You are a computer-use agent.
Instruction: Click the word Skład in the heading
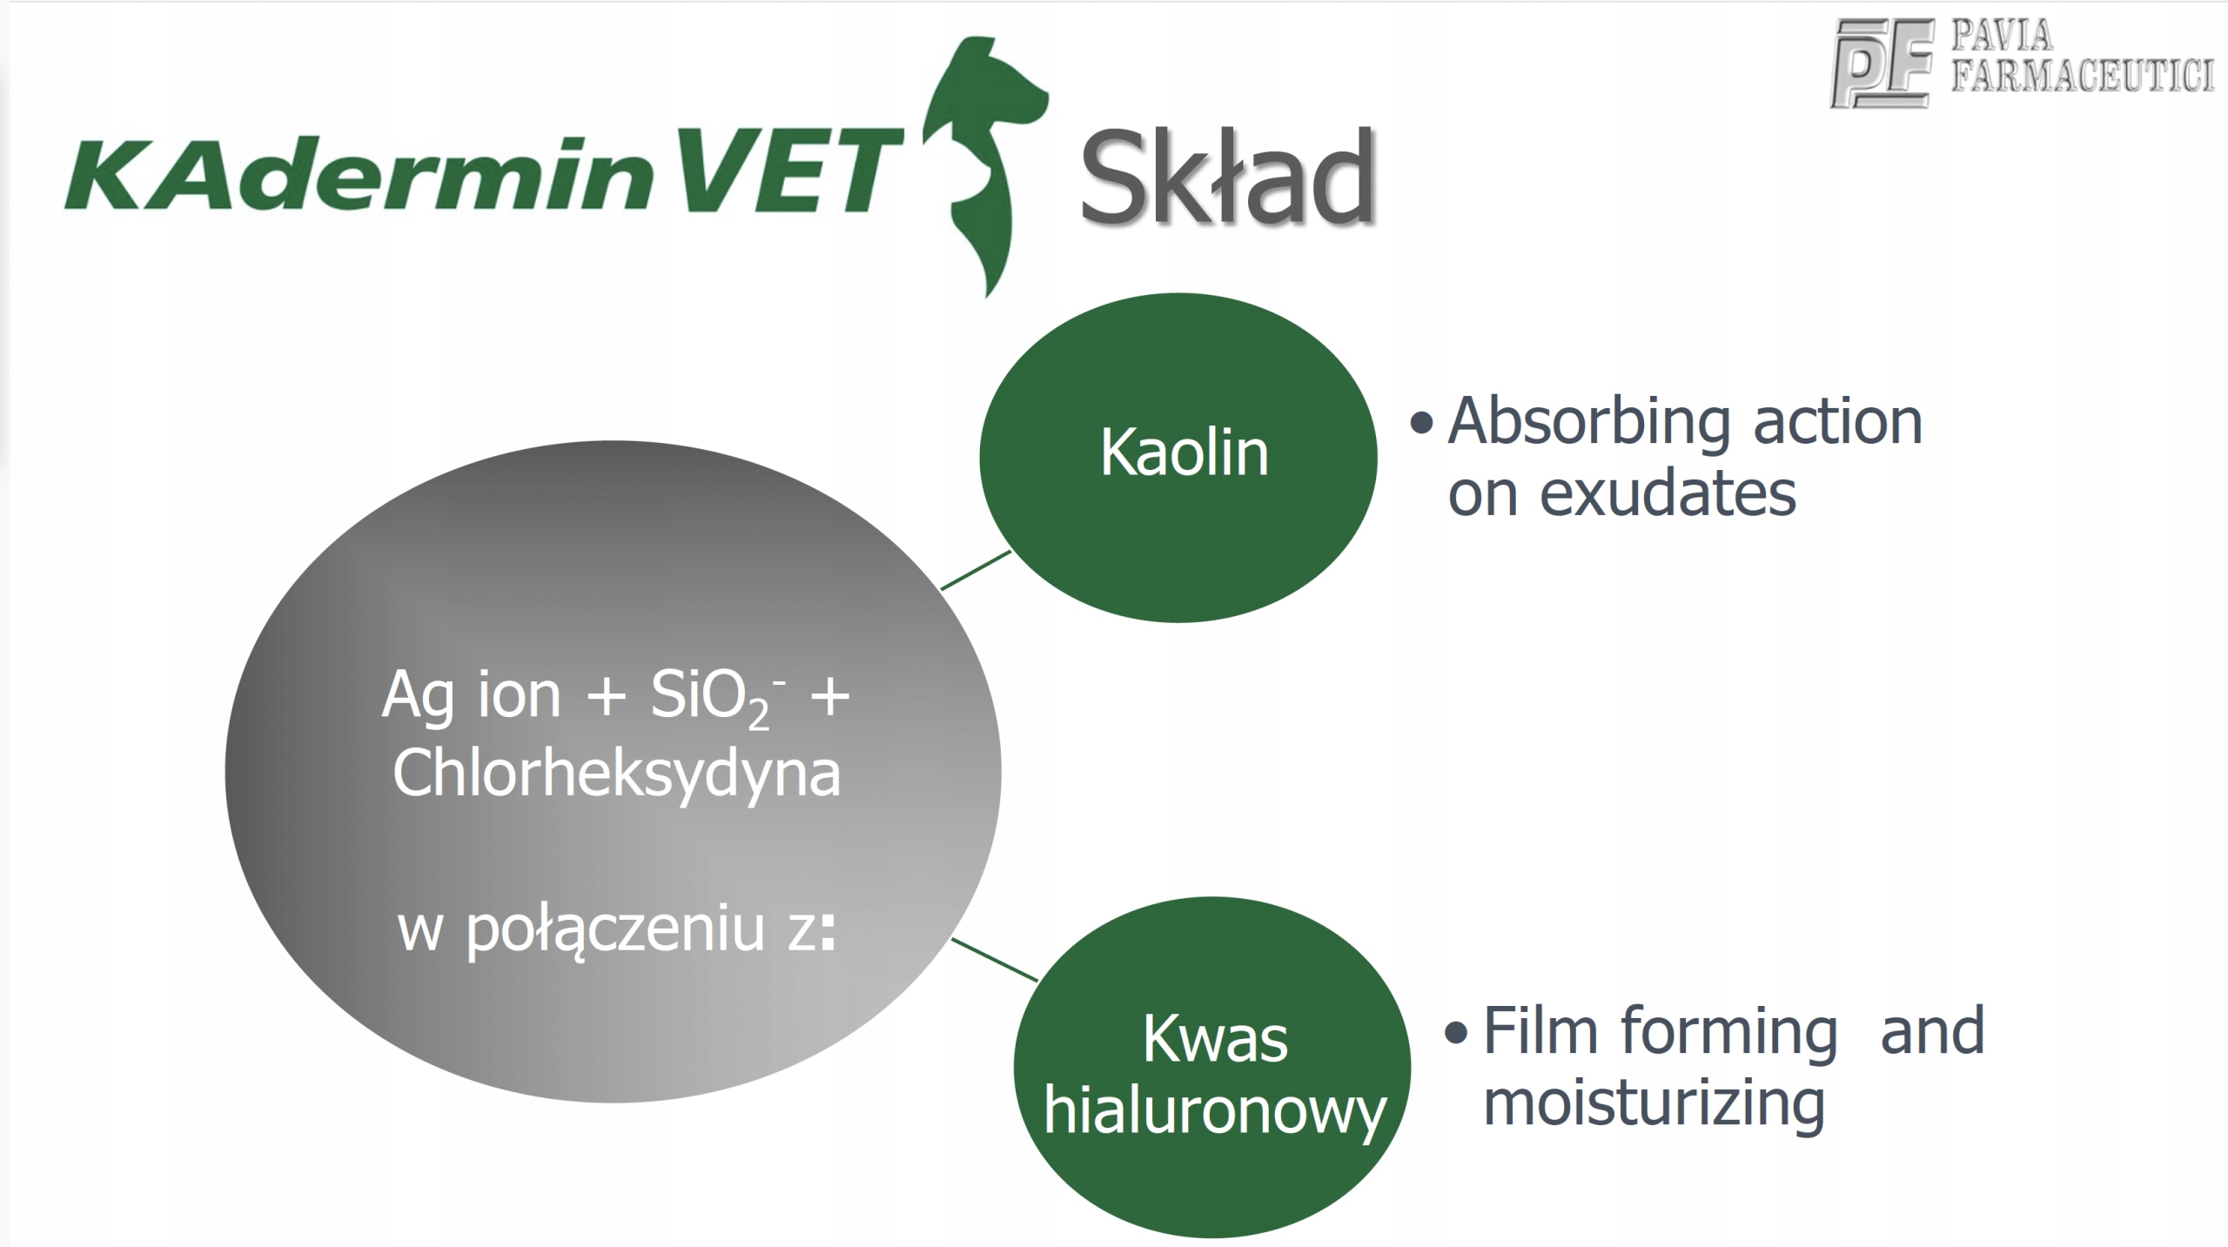[1227, 176]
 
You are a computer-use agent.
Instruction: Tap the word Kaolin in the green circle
[1184, 453]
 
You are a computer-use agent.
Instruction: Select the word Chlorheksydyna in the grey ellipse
[617, 773]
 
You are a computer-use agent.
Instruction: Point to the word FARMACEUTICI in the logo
[2082, 75]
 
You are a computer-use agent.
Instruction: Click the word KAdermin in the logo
[359, 172]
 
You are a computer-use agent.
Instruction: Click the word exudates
[1668, 495]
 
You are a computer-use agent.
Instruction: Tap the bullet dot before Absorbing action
[1421, 424]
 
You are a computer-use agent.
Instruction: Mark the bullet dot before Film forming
[1456, 1033]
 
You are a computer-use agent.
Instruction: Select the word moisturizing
[1654, 1104]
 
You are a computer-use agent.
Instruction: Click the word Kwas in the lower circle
[1215, 1039]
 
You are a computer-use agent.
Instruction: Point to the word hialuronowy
[1214, 1112]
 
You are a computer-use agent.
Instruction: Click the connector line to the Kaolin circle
[976, 570]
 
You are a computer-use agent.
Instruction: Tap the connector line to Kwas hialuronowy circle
[995, 960]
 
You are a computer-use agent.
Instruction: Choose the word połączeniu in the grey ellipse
[615, 931]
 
